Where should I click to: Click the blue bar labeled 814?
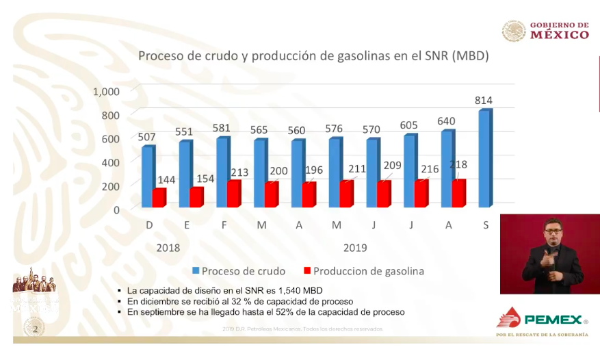click(484, 158)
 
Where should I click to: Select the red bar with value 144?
click(159, 197)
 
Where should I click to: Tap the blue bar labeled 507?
click(147, 177)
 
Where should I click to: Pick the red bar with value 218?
click(458, 193)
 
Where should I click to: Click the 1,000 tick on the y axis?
click(106, 92)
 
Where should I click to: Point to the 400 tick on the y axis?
click(110, 162)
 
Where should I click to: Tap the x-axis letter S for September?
click(486, 227)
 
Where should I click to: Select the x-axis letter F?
click(223, 227)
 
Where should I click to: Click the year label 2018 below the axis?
click(168, 247)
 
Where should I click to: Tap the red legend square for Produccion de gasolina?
click(306, 270)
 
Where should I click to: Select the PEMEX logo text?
click(553, 319)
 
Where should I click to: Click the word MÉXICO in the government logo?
click(559, 35)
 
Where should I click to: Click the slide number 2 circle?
click(35, 330)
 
